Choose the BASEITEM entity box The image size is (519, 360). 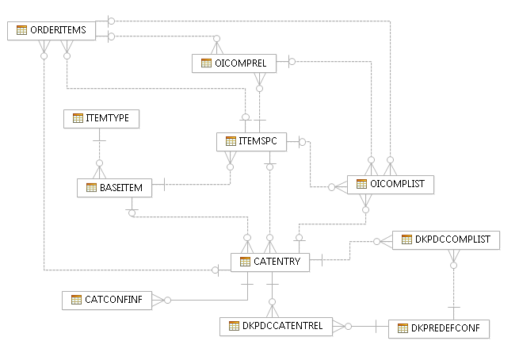point(114,188)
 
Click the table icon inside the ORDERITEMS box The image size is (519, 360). point(21,30)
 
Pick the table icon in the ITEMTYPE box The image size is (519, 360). point(78,118)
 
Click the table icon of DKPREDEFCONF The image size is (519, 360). point(402,327)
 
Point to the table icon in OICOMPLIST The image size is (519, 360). point(361,184)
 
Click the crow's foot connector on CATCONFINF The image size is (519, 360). point(158,300)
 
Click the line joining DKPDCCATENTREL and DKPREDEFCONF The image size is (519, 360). point(367,326)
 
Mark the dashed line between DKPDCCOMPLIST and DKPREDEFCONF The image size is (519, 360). point(452,285)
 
